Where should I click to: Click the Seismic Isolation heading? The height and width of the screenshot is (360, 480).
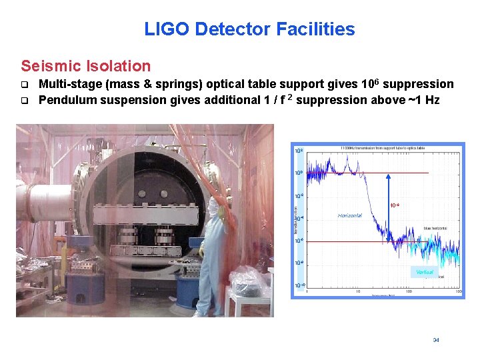[86, 66]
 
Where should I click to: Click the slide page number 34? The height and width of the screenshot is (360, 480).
[436, 340]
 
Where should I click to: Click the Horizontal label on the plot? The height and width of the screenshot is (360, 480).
[350, 216]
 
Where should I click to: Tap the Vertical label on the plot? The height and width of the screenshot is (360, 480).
[425, 272]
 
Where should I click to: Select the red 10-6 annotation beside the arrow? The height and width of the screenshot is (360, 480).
[395, 205]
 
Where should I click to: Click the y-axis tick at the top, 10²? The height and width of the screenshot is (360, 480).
[299, 151]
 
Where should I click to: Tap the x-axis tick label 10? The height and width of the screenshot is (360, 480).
[358, 291]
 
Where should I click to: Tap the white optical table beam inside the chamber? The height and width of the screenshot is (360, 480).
[146, 213]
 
